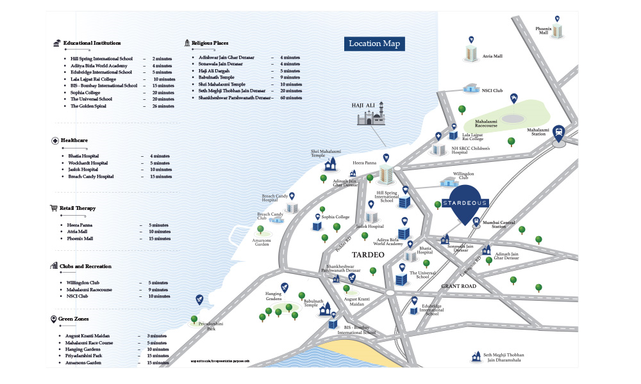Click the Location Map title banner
point(374,44)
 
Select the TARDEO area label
point(368,255)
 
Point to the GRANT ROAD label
point(458,285)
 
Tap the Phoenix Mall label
point(543,31)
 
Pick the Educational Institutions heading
point(96,43)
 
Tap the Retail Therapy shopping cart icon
point(54,208)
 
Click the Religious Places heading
point(210,43)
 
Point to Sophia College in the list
point(85,92)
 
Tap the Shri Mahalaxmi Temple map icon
point(331,165)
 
